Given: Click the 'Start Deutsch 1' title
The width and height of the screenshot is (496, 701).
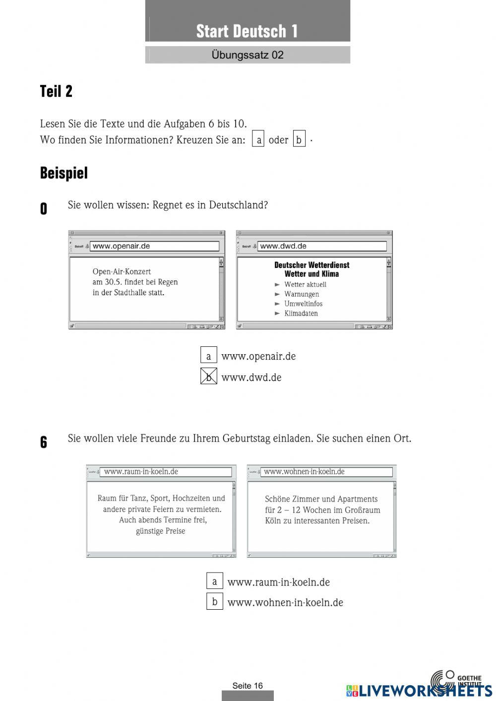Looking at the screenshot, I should (247, 31).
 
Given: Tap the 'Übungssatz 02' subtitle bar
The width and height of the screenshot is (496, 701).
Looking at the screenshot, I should (247, 55).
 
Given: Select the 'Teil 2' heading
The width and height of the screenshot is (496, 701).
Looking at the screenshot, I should (56, 91).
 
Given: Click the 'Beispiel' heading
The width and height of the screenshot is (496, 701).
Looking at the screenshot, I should (63, 173).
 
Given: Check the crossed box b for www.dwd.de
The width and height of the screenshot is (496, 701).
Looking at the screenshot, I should (209, 377).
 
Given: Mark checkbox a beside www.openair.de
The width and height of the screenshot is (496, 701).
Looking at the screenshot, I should (209, 356).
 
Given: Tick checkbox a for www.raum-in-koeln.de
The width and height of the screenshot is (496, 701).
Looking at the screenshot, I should (215, 581).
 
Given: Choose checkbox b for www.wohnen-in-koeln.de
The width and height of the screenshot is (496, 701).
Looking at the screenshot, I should (215, 601).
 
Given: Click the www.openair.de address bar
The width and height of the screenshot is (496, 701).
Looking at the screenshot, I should (154, 246).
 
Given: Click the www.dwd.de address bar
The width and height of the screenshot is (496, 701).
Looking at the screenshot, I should (321, 246).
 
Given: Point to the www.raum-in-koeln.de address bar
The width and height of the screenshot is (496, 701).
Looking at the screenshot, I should (166, 472).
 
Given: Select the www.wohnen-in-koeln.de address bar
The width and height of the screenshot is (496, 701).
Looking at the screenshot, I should (326, 472).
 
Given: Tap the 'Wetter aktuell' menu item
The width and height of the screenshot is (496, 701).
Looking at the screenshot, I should (305, 284).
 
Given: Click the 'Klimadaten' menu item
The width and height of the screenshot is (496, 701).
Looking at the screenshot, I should (301, 313).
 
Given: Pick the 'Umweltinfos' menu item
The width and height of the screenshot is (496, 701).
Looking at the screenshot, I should (303, 304).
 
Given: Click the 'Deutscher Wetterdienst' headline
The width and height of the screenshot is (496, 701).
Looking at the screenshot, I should (311, 265).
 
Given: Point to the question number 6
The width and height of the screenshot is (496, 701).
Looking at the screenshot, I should (44, 442).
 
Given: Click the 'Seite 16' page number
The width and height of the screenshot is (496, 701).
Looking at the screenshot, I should (248, 686).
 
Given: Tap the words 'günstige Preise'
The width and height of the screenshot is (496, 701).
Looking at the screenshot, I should (160, 531).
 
